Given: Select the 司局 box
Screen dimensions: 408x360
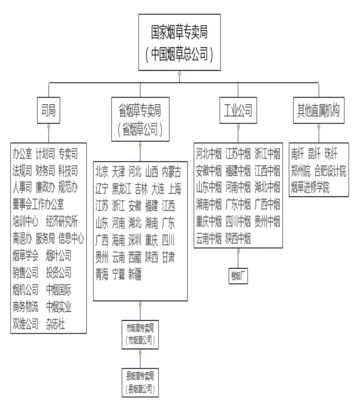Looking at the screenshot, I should (x=48, y=111).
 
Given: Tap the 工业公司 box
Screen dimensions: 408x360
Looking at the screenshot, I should (x=238, y=111).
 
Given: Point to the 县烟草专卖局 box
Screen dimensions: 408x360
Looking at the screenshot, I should (x=140, y=382).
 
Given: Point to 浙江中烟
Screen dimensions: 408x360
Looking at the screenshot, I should (x=267, y=154).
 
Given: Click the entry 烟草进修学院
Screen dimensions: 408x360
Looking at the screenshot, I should (x=310, y=187).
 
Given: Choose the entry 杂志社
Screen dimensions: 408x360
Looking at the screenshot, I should (x=55, y=325).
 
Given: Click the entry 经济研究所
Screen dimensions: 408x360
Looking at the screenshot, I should (x=62, y=222).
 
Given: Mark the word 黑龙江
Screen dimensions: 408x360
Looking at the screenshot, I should (x=121, y=188).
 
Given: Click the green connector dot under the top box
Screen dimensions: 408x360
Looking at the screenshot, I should (x=179, y=73).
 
